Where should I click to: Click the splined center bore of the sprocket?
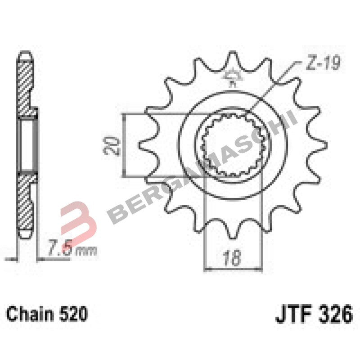(x=233, y=145)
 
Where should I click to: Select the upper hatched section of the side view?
(x=26, y=85)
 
